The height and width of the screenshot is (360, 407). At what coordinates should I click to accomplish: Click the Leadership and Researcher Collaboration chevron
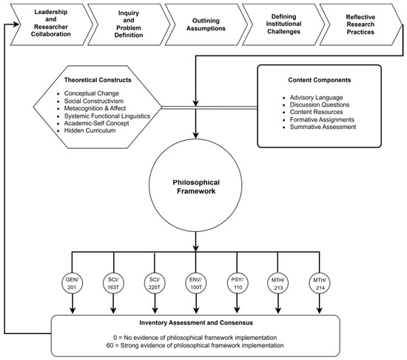[x=51, y=24]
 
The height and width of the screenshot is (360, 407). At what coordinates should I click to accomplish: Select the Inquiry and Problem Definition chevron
[x=129, y=24]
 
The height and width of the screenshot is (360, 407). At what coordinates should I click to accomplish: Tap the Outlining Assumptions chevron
[x=206, y=24]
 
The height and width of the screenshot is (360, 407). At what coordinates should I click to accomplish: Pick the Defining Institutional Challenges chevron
[x=283, y=24]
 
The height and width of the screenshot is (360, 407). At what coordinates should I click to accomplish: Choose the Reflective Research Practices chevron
[x=361, y=24]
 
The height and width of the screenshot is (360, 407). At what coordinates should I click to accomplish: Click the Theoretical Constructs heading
[x=98, y=80]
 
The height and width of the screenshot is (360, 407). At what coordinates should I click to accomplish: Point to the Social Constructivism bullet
[x=94, y=101]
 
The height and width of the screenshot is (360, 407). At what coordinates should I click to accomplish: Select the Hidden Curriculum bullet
[x=90, y=130]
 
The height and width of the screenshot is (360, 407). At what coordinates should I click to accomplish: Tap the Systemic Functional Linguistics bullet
[x=107, y=116]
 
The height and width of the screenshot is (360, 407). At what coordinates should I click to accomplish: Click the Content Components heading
[x=320, y=80]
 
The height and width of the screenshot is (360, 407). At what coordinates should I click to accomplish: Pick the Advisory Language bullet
[x=317, y=97]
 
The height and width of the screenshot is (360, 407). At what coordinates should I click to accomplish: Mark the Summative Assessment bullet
[x=323, y=127]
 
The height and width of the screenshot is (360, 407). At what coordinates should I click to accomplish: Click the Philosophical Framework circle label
[x=196, y=187]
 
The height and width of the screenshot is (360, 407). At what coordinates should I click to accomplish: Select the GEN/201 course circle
[x=73, y=283]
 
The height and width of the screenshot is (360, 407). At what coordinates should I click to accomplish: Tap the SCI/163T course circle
[x=113, y=283]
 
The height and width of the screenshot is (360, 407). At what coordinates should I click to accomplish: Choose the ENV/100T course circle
[x=196, y=283]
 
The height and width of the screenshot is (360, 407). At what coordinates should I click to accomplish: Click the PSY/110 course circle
[x=238, y=283]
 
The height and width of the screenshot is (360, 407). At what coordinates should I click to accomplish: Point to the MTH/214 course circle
[x=320, y=283]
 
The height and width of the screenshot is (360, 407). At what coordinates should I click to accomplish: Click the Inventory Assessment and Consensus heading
[x=196, y=323]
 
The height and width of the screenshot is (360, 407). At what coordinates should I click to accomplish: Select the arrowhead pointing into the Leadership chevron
[x=16, y=24]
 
